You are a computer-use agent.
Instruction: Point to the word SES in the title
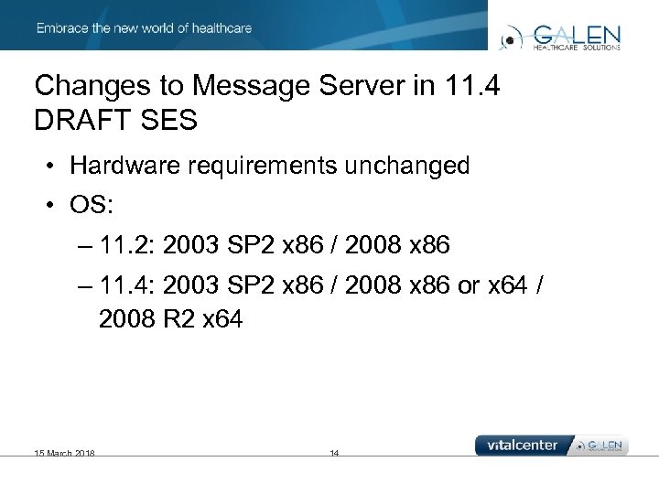(167, 121)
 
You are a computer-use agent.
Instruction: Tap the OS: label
(91, 205)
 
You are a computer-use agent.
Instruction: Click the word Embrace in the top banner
(60, 28)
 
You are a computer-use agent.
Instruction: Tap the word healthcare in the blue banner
(220, 28)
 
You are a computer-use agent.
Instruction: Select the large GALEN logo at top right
(560, 37)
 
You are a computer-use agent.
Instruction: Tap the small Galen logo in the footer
(600, 446)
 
